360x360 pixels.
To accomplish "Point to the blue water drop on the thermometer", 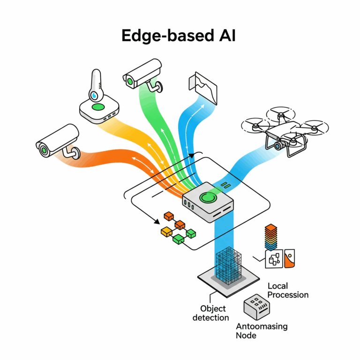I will tap(96, 95).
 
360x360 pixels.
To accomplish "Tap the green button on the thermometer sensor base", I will tap(98, 108).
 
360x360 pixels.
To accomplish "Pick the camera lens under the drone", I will tap(278, 145).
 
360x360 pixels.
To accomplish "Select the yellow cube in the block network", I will tap(166, 232).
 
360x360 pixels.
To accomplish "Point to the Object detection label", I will tap(213, 313).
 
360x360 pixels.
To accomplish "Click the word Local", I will tap(277, 286).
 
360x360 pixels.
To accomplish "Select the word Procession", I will tap(288, 295).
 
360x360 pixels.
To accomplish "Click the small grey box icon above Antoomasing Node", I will tap(255, 307).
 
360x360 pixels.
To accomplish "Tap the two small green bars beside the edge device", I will tap(226, 186).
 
